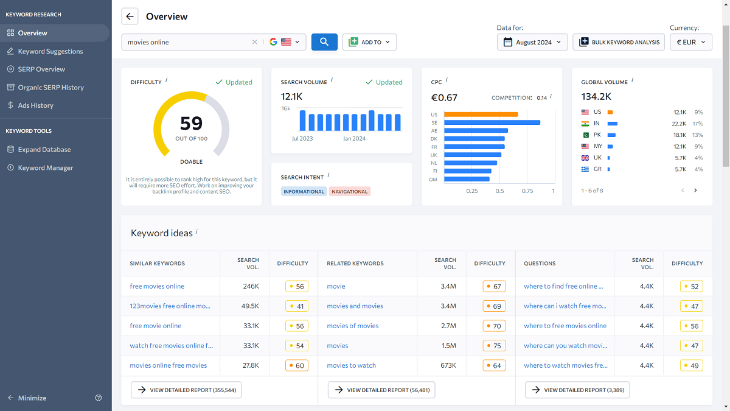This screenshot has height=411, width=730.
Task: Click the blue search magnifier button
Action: point(324,42)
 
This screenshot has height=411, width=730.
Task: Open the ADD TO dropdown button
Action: point(369,42)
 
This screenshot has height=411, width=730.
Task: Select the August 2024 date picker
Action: point(532,42)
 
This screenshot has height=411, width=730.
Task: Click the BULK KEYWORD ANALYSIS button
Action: point(619,42)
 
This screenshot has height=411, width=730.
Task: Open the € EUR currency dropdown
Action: point(690,42)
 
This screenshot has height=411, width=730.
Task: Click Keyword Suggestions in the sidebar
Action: point(50,51)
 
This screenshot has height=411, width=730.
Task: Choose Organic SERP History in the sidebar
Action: point(50,87)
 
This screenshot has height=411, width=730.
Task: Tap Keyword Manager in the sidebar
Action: point(45,167)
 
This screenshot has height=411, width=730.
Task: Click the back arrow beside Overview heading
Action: point(130,16)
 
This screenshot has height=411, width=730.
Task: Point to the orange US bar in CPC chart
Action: point(481,114)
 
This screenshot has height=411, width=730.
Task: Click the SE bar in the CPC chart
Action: point(492,122)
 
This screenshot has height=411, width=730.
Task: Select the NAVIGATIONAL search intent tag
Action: point(350,191)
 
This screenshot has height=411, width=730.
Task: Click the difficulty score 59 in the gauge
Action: point(191,124)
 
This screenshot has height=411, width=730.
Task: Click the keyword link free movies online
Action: point(157,286)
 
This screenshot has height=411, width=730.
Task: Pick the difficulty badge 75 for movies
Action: point(494,346)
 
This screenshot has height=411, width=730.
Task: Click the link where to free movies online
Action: point(565,326)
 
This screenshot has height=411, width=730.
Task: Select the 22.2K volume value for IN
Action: point(680,124)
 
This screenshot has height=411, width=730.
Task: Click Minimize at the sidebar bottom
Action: point(32,398)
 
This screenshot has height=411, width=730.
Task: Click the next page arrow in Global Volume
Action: point(695,191)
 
